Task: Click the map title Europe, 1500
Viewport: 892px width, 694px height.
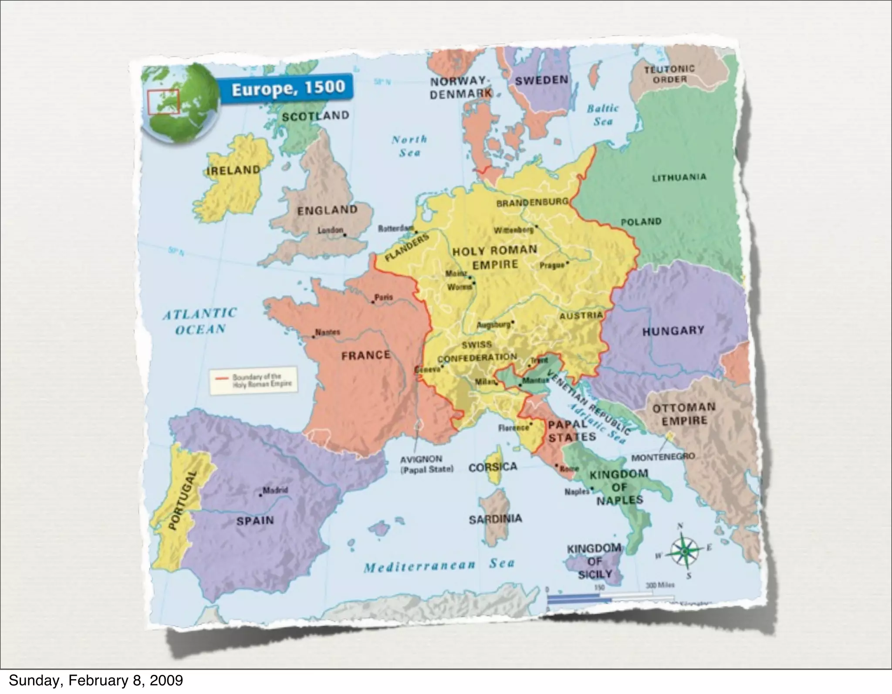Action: [288, 89]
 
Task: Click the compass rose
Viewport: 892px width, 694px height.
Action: [684, 552]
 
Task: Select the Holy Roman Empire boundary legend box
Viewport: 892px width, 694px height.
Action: [253, 381]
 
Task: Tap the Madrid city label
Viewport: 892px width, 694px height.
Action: [275, 490]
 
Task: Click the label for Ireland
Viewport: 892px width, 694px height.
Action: [233, 170]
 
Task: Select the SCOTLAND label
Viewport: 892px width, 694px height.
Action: [315, 116]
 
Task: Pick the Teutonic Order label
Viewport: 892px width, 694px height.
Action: [669, 74]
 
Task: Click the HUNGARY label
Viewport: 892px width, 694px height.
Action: [673, 331]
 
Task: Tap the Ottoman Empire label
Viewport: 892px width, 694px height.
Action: [684, 414]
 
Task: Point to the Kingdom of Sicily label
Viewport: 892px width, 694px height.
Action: [595, 562]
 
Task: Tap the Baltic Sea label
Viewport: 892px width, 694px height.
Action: [602, 115]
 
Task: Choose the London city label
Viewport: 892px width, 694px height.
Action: [330, 230]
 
